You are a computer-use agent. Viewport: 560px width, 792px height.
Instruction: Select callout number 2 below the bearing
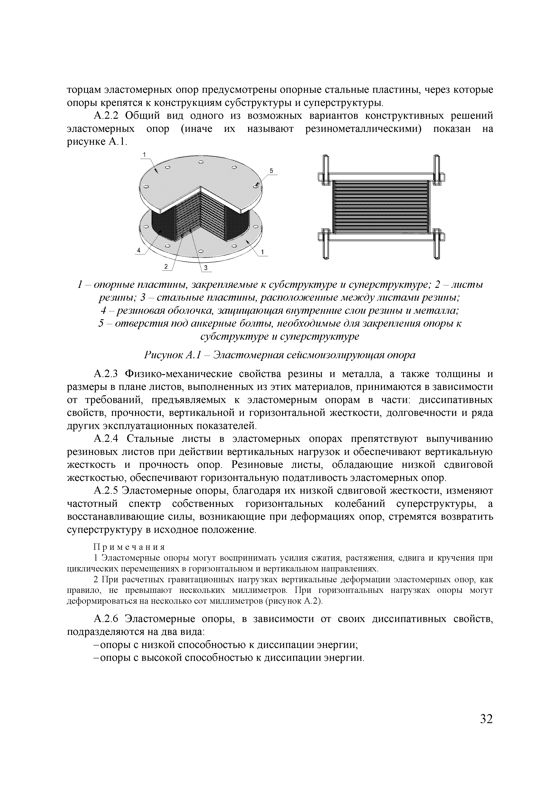[166, 266]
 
